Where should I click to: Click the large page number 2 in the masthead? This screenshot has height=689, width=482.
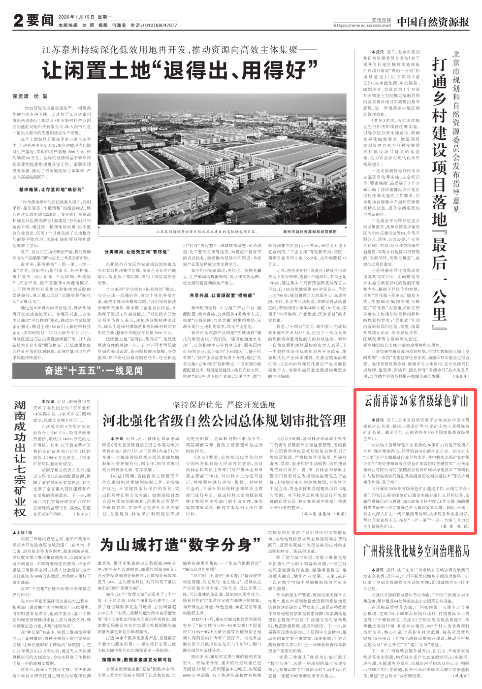pos(19,20)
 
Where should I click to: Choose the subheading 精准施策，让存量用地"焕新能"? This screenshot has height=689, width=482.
pos(52,189)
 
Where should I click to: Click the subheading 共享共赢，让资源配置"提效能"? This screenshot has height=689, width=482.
pos(214,295)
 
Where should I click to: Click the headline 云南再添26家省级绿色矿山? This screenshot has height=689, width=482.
pos(416,400)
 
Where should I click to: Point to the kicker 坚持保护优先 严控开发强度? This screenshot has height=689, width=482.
pos(224,405)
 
